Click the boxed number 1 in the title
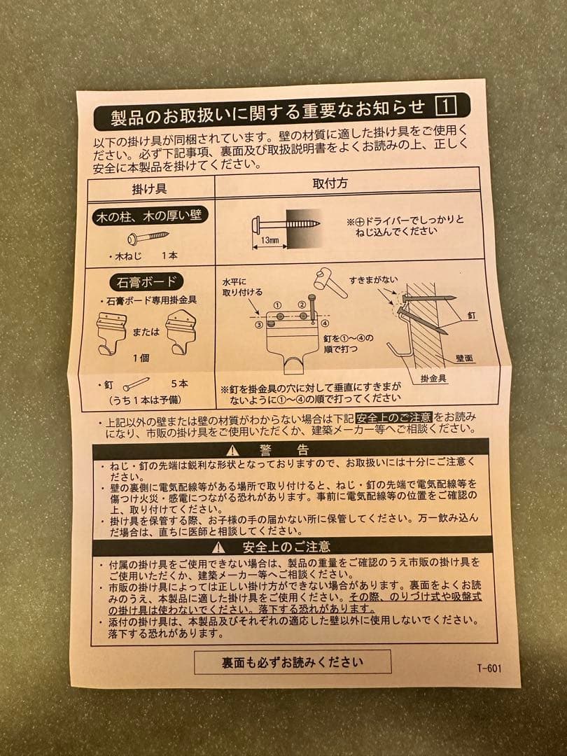[x=446, y=106]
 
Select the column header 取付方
[x=330, y=183]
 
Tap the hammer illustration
[x=329, y=278]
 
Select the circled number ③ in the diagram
[x=259, y=325]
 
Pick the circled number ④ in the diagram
[x=325, y=323]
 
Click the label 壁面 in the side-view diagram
[x=463, y=358]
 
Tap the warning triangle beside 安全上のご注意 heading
[x=220, y=547]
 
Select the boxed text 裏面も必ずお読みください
[x=293, y=661]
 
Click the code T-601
[x=488, y=668]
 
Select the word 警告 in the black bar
[x=283, y=449]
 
